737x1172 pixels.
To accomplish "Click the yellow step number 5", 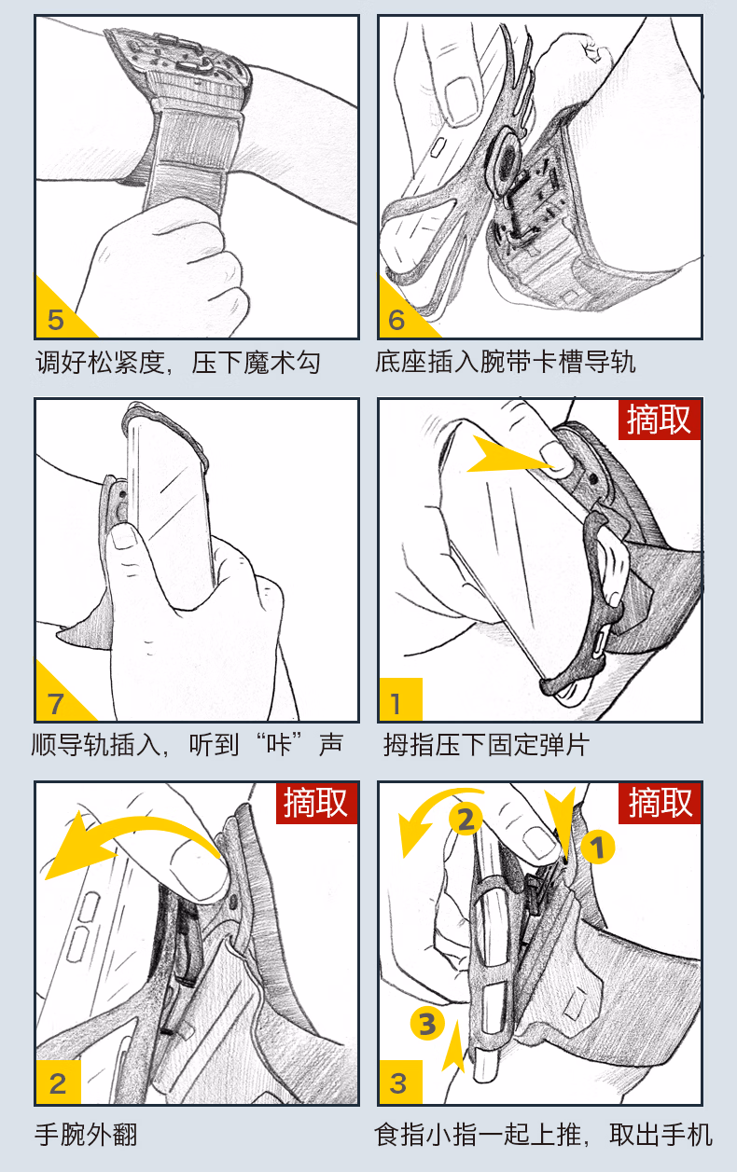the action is [55, 320].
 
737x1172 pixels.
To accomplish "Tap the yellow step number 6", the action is [396, 320].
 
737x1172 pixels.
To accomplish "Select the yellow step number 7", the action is [56, 704].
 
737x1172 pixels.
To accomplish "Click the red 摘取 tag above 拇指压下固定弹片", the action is [659, 420].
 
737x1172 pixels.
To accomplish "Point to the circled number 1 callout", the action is [597, 847].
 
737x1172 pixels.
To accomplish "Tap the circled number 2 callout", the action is [466, 820].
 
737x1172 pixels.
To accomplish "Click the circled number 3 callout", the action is [427, 1023].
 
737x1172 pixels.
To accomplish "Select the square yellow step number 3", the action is [397, 1083].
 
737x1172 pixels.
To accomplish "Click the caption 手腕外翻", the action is [86, 1135].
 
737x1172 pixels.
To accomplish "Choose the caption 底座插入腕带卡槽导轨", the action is [506, 362].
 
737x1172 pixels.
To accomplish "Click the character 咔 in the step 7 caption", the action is [278, 744].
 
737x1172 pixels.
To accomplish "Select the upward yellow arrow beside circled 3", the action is [453, 1045].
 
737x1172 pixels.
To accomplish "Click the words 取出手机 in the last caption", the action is [661, 1135].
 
